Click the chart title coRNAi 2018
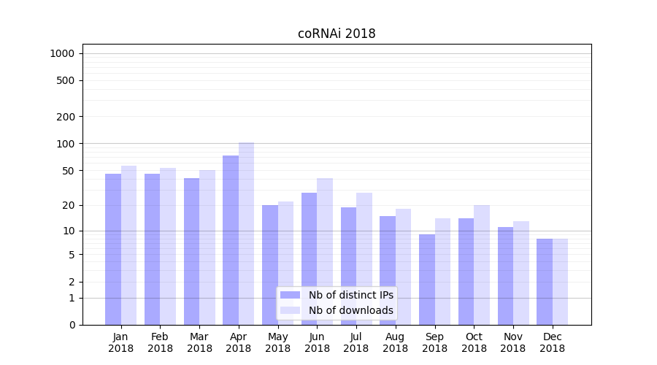click(x=337, y=34)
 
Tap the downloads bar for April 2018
click(x=247, y=234)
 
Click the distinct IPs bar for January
click(x=113, y=249)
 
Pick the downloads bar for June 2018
click(x=325, y=251)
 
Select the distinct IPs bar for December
click(x=545, y=282)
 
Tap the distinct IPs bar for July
click(x=348, y=266)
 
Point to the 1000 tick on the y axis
click(x=62, y=53)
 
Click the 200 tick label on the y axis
click(x=66, y=117)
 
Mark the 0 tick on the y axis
click(x=72, y=325)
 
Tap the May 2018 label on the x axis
click(x=278, y=342)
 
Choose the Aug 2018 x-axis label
click(x=396, y=342)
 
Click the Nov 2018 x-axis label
click(x=513, y=342)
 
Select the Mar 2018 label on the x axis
click(x=199, y=342)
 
